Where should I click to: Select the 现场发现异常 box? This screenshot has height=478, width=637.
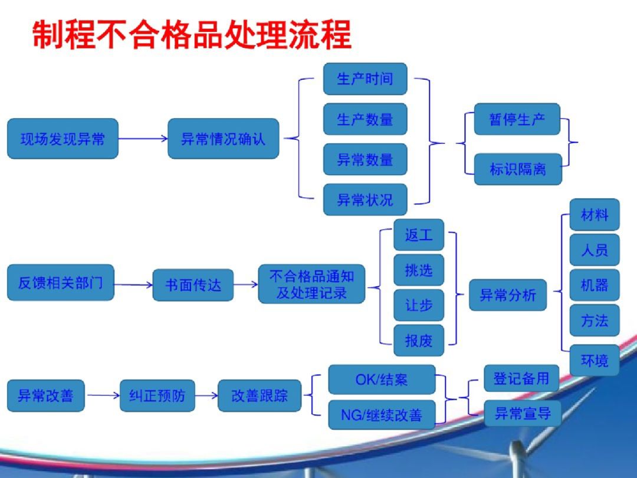point(63,139)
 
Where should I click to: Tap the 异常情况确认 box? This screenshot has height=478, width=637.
point(223,139)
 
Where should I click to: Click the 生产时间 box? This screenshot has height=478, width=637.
point(365,79)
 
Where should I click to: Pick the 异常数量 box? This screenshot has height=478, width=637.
point(365,159)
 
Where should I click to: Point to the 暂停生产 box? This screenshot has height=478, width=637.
point(517,119)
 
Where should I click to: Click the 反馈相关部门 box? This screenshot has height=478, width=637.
point(60,283)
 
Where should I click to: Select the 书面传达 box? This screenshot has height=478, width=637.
point(193,285)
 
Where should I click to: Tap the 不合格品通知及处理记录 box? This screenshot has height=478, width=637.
point(311,284)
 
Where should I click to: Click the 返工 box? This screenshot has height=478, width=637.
point(419,235)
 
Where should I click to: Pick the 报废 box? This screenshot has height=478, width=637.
point(419,340)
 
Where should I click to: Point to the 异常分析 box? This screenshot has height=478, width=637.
point(508,295)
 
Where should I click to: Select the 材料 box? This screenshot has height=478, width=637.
point(594,215)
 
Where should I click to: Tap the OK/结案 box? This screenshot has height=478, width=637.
point(382,379)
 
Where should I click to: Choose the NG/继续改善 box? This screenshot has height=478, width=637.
point(382,415)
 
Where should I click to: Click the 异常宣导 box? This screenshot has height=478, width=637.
point(522,414)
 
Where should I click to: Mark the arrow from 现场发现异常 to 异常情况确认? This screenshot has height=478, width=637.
point(143,139)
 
